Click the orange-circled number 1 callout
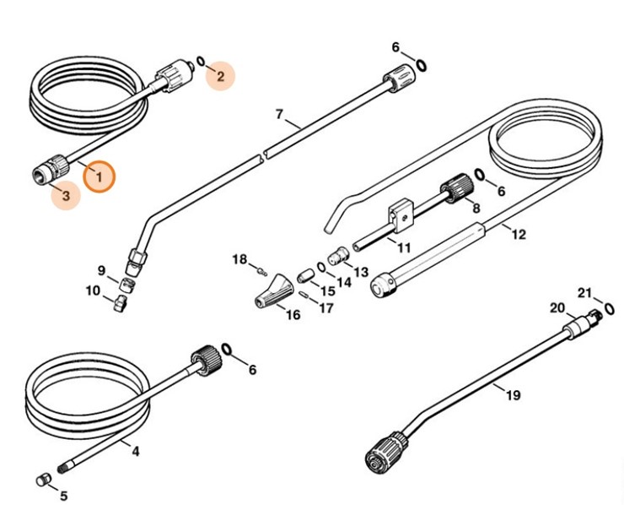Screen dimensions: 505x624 (x=100, y=177)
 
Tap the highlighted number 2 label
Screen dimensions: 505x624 (x=220, y=76)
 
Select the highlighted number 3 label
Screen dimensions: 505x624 (x=65, y=196)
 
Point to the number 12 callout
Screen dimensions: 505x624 (x=519, y=234)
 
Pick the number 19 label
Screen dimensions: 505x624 (x=513, y=394)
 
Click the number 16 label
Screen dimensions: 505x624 (x=293, y=315)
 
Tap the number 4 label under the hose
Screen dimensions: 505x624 (x=136, y=452)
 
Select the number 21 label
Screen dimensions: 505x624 (x=584, y=293)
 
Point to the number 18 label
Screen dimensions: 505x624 (x=240, y=259)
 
